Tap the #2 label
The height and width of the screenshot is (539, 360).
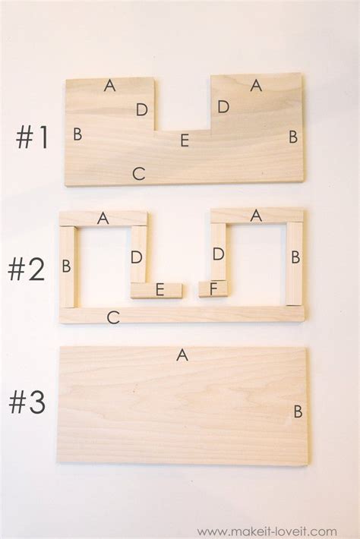(27, 269)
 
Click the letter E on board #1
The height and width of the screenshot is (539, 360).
(185, 140)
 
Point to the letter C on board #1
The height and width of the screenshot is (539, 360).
(139, 174)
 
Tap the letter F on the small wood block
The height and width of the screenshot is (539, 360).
(213, 289)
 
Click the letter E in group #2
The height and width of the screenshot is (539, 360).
(159, 290)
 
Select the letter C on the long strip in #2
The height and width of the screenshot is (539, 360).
(113, 317)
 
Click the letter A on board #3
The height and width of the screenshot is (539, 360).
(182, 355)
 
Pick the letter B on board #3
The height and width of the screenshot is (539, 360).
(298, 411)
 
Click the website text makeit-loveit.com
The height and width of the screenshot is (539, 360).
(267, 531)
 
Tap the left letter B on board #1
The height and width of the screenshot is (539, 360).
(77, 134)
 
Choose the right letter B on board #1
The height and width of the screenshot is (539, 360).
(293, 137)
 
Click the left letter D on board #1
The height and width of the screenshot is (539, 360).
(142, 109)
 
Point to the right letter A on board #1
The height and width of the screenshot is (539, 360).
(256, 85)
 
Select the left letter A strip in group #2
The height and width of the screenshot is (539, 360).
(103, 219)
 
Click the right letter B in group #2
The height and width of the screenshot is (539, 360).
(295, 257)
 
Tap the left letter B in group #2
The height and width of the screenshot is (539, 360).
(66, 266)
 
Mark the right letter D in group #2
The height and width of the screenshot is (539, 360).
(218, 254)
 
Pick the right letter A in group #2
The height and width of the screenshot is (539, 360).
(256, 216)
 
